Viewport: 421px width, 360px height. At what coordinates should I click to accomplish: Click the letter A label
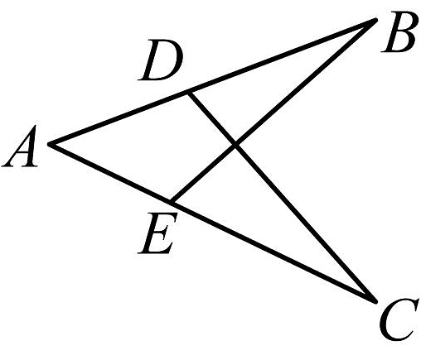coord(20,146)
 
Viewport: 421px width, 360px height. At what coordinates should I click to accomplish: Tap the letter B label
coord(398,32)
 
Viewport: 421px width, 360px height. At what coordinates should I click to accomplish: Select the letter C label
coord(398,319)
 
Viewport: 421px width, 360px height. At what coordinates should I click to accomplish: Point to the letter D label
coord(161,60)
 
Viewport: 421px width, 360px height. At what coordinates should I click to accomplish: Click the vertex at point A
coord(50,144)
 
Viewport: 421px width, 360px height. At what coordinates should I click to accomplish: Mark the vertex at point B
coord(375,20)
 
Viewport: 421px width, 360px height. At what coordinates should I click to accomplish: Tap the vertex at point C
coord(375,301)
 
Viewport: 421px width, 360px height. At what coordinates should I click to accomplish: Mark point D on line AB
coord(189,92)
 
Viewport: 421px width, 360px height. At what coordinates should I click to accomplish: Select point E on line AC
coord(172,202)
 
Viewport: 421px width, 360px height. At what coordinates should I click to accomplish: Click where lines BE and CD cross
coord(235,145)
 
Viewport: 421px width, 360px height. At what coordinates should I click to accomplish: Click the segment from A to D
coord(119,118)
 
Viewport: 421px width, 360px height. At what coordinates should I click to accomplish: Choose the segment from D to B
coord(283,55)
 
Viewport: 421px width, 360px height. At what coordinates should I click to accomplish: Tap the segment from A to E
coord(110,173)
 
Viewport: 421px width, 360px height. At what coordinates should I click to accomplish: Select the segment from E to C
coord(273,252)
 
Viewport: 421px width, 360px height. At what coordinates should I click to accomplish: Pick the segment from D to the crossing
coord(212,118)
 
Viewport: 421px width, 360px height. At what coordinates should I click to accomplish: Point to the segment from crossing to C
coord(305,223)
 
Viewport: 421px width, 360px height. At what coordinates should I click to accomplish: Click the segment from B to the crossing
coord(306,82)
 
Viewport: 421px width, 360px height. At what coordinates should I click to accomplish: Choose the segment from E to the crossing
coord(203,173)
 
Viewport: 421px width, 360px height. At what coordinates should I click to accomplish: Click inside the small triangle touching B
coord(267,85)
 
